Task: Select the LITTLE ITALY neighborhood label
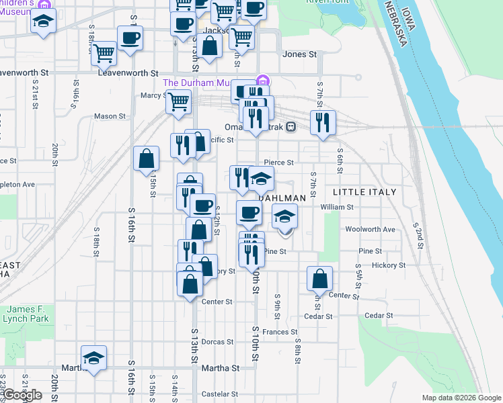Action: click(x=365, y=192)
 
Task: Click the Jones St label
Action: click(x=299, y=54)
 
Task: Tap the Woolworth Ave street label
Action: click(x=370, y=229)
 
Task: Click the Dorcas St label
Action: click(x=217, y=342)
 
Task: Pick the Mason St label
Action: click(x=110, y=116)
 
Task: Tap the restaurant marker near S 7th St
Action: click(x=323, y=123)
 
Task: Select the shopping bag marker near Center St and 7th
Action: click(x=320, y=279)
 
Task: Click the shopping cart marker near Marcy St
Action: click(x=178, y=102)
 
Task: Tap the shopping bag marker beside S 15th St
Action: click(x=147, y=160)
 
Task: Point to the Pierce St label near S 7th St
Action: click(x=279, y=163)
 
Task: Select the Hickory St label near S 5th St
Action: click(x=388, y=265)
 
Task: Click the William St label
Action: click(x=337, y=208)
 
